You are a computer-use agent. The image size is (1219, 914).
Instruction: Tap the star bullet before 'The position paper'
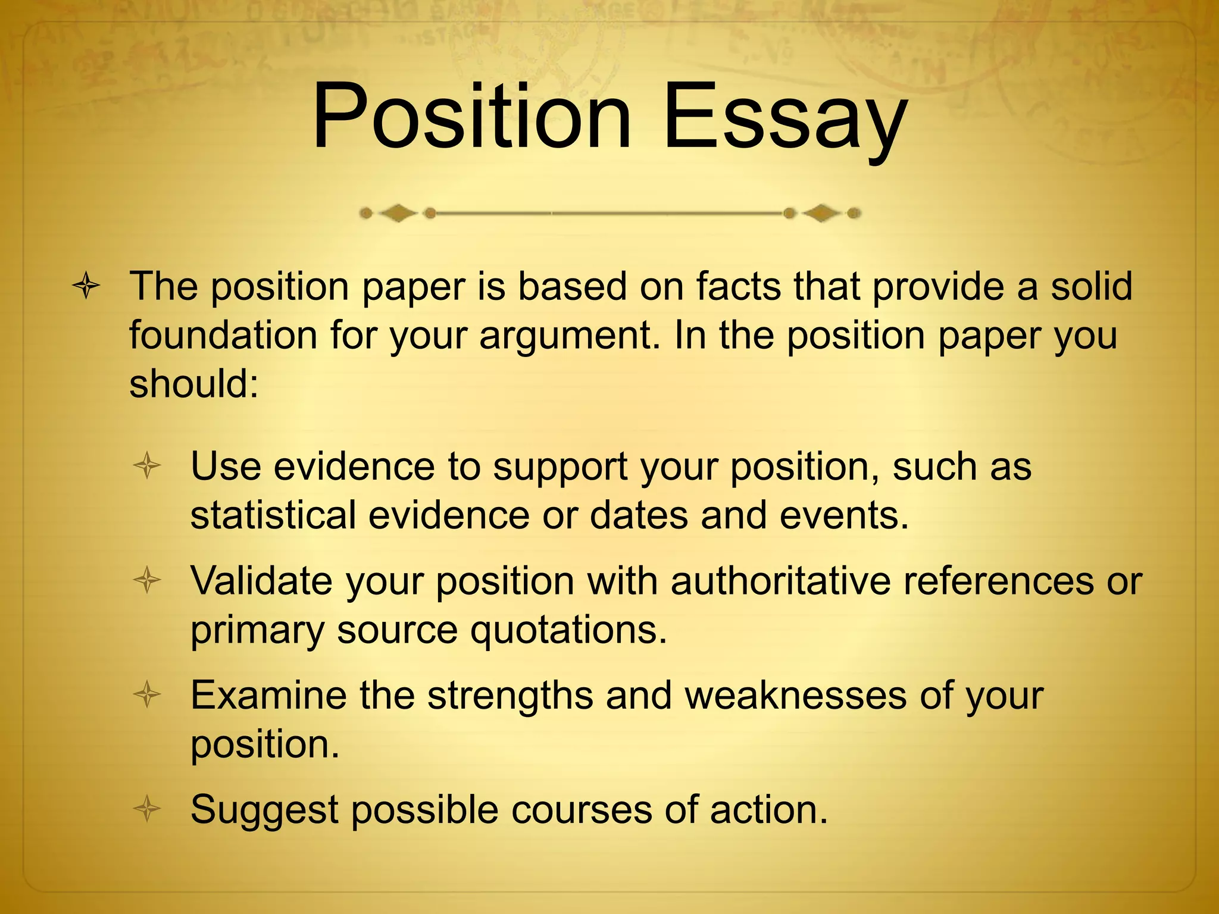[86, 286]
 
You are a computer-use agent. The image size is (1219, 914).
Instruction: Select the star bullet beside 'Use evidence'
[147, 466]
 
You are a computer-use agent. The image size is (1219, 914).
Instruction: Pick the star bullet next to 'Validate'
[147, 580]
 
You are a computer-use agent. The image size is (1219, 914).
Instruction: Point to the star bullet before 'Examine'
[147, 694]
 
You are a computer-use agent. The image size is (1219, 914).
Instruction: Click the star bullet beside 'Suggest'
[147, 809]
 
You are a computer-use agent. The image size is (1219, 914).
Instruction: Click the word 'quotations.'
[568, 631]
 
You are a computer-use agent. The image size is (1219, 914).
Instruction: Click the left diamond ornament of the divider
[397, 212]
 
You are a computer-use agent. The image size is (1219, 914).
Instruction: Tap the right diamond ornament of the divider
[822, 212]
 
